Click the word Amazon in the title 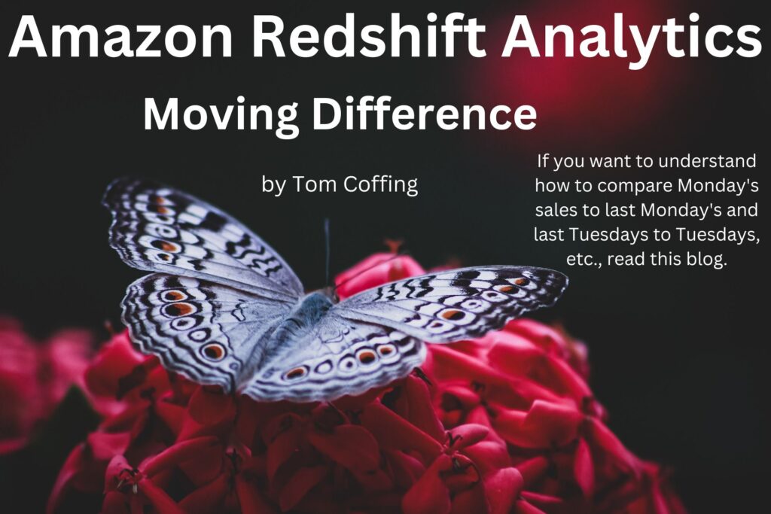coord(120,36)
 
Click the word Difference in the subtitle coord(425,113)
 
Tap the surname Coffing coord(380,185)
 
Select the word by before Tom coord(273,186)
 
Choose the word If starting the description coord(542,160)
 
